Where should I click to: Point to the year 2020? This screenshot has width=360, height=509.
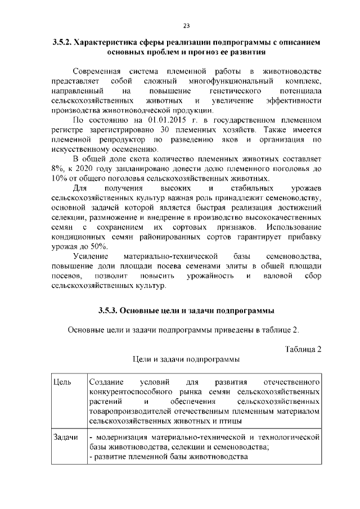pos(94,169)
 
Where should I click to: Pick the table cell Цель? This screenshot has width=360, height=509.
pos(61,382)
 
